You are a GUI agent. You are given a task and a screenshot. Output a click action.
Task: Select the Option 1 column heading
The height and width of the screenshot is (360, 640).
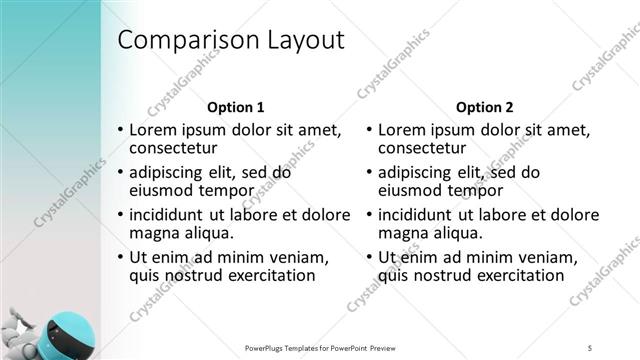(x=236, y=107)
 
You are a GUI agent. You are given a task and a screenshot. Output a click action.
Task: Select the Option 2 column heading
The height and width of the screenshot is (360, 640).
(x=485, y=107)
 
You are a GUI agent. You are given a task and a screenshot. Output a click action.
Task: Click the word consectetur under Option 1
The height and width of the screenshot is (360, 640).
(x=177, y=149)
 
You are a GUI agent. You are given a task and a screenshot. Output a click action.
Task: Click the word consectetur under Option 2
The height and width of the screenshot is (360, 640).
(x=427, y=149)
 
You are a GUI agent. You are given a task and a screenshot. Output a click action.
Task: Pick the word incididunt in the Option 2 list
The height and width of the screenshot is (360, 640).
(x=419, y=214)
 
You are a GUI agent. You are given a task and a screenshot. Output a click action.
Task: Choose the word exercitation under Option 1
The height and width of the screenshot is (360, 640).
(x=270, y=275)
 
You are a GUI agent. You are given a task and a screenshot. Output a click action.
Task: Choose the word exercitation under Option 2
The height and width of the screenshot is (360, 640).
(x=519, y=275)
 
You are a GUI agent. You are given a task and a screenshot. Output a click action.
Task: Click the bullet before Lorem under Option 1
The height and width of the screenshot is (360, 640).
(x=121, y=130)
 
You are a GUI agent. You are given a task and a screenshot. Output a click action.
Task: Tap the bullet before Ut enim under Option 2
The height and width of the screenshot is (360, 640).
(x=370, y=256)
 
